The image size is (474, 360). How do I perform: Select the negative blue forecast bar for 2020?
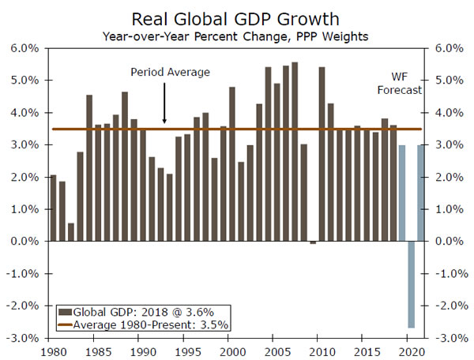[411, 284]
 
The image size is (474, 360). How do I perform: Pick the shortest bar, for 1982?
[71, 232]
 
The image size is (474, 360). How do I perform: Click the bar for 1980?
[53, 208]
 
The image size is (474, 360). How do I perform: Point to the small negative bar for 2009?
[313, 242]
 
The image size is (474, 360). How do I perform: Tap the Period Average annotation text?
[170, 73]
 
